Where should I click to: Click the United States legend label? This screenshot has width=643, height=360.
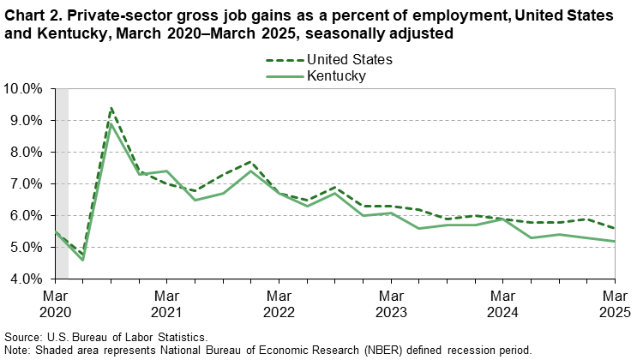click(351, 60)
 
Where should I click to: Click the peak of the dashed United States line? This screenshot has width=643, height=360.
click(111, 107)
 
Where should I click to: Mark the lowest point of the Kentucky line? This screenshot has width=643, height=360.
click(83, 260)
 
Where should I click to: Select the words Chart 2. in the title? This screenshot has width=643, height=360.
click(33, 17)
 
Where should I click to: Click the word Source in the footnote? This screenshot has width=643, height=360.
click(22, 338)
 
